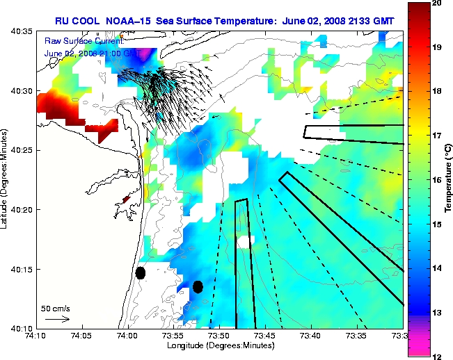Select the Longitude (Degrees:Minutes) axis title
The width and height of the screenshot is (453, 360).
point(218,346)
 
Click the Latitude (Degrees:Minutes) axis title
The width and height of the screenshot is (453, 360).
point(6,179)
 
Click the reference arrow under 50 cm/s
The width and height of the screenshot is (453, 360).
point(57,319)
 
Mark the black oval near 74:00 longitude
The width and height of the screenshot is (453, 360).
point(141,272)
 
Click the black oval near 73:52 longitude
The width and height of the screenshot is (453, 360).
point(198,286)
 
